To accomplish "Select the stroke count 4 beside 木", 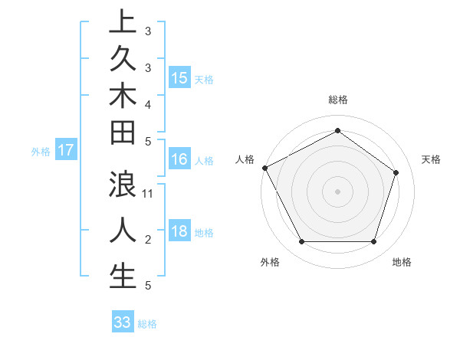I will (x=148, y=103).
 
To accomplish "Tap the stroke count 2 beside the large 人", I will (x=148, y=240).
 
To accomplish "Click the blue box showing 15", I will (x=179, y=77).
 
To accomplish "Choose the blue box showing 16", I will (x=179, y=159).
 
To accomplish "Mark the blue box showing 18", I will (x=179, y=231).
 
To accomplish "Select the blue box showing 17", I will (x=66, y=150).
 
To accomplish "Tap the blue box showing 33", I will (x=122, y=322).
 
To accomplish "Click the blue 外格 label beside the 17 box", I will (x=41, y=152).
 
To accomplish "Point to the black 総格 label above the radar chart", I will (x=338, y=100).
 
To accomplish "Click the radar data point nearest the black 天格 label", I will (x=396, y=172).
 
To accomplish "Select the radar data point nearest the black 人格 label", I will (x=264, y=168).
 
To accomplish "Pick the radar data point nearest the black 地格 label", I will (x=373, y=241).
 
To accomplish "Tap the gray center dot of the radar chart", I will (x=338, y=191).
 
